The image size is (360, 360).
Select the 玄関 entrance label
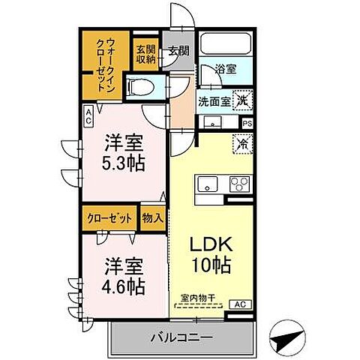(x=177, y=52)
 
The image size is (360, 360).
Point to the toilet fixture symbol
(x=142, y=88)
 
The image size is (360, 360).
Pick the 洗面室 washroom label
(x=214, y=101)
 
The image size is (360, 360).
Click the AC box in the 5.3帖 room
(x=88, y=115)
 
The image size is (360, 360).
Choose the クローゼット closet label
(x=109, y=219)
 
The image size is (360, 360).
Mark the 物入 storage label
(x=152, y=219)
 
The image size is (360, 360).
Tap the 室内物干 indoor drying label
(x=199, y=298)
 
